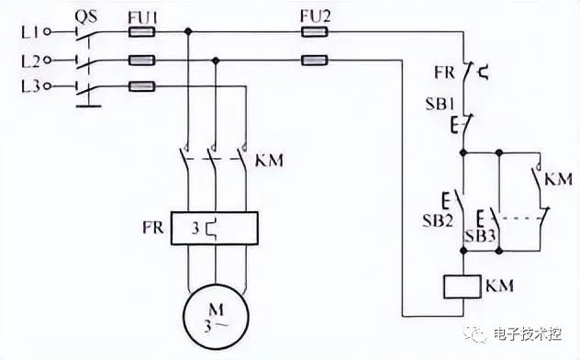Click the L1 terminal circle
tap(47, 32)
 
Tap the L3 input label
tap(30, 86)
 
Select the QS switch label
tap(86, 17)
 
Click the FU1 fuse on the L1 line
tap(141, 32)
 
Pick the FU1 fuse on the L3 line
tap(141, 86)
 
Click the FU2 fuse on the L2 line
tap(315, 60)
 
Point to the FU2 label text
tap(315, 17)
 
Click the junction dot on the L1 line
tap(188, 32)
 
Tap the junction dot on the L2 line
tap(216, 61)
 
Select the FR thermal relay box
tap(215, 229)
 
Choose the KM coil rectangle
tap(463, 287)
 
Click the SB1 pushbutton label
tap(440, 104)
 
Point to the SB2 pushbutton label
tap(438, 221)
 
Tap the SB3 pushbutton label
tap(480, 236)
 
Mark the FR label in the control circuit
tap(444, 73)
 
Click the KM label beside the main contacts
tap(270, 160)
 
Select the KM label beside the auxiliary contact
tap(559, 179)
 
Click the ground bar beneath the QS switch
tap(89, 107)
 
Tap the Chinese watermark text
tap(528, 334)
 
